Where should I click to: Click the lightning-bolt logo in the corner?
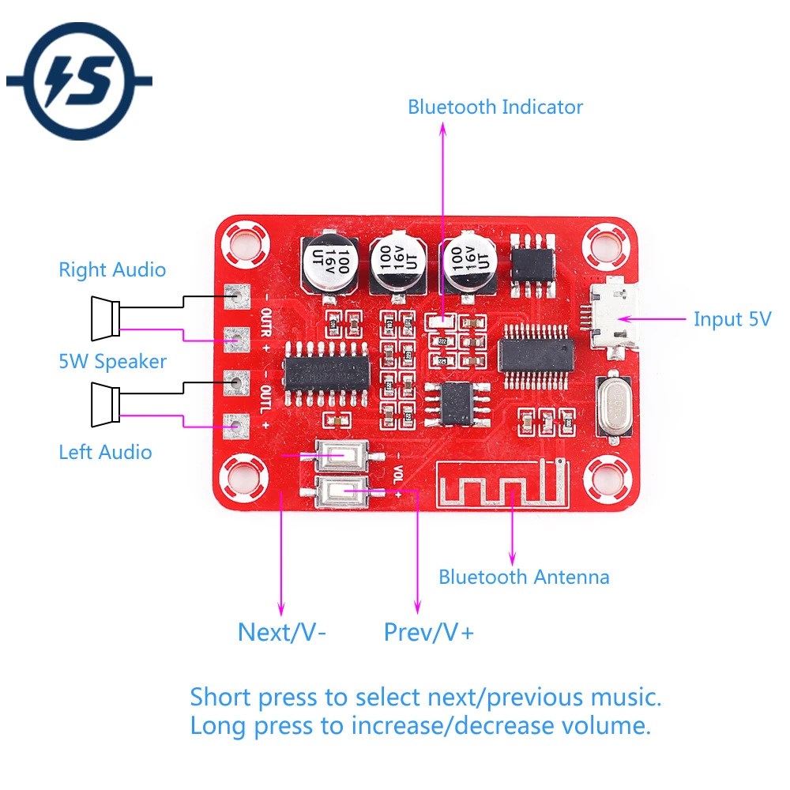[x=79, y=81]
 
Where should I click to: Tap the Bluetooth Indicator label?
[x=495, y=107]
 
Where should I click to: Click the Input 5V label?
[x=732, y=319]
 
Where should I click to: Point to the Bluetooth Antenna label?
[x=524, y=577]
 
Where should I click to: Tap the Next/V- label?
[x=282, y=632]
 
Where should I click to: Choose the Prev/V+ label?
[x=428, y=632]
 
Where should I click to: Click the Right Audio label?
[x=112, y=270]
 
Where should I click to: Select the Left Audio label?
[x=105, y=452]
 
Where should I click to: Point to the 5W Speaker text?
[x=112, y=362]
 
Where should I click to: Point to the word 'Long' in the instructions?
[x=217, y=725]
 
